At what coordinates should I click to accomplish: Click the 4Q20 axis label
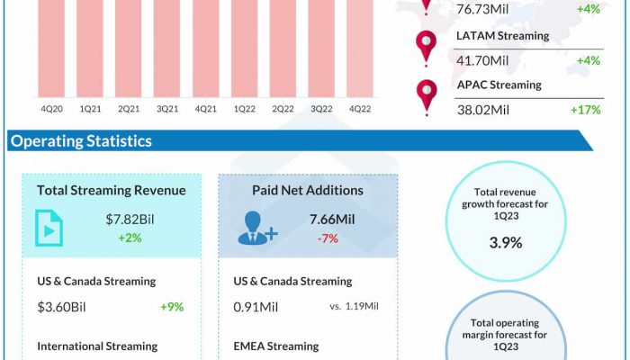51,109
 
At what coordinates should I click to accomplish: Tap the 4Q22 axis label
360,109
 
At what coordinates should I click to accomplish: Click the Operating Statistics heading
81,141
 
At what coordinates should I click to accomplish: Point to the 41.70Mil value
481,60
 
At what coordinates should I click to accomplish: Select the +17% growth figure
585,110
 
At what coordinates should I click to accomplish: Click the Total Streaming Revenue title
112,190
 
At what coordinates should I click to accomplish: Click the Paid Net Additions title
309,190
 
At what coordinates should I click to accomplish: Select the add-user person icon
256,228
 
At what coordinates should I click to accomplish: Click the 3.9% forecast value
505,242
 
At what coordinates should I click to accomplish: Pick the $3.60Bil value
63,306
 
